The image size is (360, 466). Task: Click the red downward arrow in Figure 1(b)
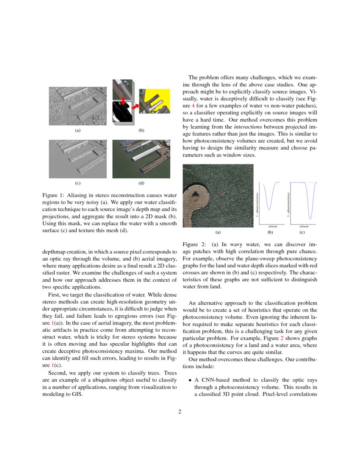coord(122,101)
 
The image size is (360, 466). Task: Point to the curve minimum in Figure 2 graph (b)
coord(269,209)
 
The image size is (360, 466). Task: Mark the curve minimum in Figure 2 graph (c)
coord(310,219)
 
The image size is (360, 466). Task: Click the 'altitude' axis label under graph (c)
coord(304,227)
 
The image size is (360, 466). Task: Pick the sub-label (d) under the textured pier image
coord(141,183)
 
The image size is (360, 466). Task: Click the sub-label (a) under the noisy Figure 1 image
coord(78,130)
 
